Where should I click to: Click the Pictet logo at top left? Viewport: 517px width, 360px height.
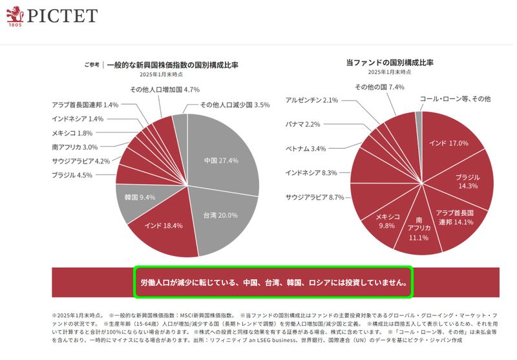pyautogui.click(x=52, y=16)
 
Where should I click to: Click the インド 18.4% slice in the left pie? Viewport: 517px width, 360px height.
pyautogui.click(x=164, y=226)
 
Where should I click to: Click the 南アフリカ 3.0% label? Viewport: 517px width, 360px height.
pyautogui.click(x=75, y=147)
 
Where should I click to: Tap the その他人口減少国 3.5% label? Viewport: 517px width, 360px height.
pyautogui.click(x=234, y=105)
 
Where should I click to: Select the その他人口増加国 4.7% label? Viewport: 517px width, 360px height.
pyautogui.click(x=164, y=89)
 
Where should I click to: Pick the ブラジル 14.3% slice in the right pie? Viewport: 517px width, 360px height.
pyautogui.click(x=467, y=181)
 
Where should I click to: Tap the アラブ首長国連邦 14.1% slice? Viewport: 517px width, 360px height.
pyautogui.click(x=455, y=217)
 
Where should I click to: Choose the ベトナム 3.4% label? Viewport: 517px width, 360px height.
pyautogui.click(x=306, y=149)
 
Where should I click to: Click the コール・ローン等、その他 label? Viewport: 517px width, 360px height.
pyautogui.click(x=455, y=99)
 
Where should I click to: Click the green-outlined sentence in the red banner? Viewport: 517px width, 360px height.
pyautogui.click(x=273, y=282)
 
